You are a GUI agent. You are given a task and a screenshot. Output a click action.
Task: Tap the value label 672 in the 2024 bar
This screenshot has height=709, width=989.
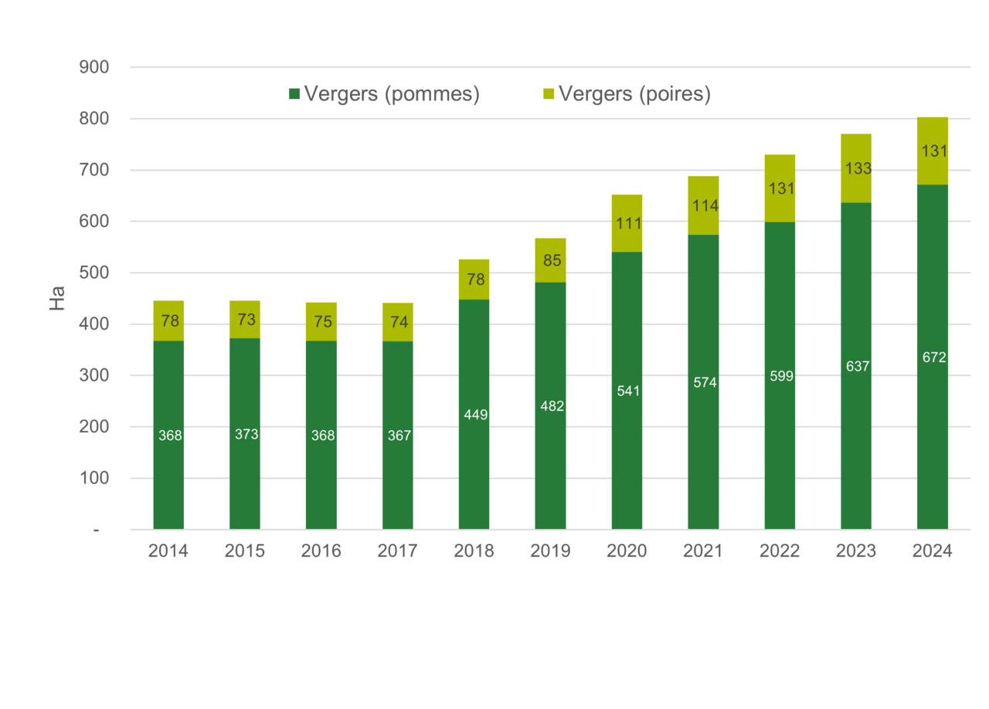coord(933,358)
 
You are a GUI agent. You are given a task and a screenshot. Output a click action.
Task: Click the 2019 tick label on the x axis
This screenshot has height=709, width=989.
coord(550,551)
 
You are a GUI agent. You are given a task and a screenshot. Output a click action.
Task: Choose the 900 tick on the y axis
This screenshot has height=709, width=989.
coord(93,68)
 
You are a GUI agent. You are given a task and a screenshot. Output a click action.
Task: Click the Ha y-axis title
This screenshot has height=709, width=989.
coord(57,298)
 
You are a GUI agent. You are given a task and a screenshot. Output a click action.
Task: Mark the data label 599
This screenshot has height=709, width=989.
coord(780,376)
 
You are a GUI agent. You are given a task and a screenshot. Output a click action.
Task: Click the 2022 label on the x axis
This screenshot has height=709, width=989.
coord(780,551)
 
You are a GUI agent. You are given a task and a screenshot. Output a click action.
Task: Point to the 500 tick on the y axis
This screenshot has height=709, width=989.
coord(93,273)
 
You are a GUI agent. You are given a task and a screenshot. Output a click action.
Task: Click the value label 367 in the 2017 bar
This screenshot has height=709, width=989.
coord(397,436)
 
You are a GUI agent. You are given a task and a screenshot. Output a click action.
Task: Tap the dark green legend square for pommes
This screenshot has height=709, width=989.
coord(294,94)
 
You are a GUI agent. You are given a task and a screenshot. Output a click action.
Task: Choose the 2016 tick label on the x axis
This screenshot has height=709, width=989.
coord(321,551)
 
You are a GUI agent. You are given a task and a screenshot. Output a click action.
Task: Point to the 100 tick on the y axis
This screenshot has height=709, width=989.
coord(93,479)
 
